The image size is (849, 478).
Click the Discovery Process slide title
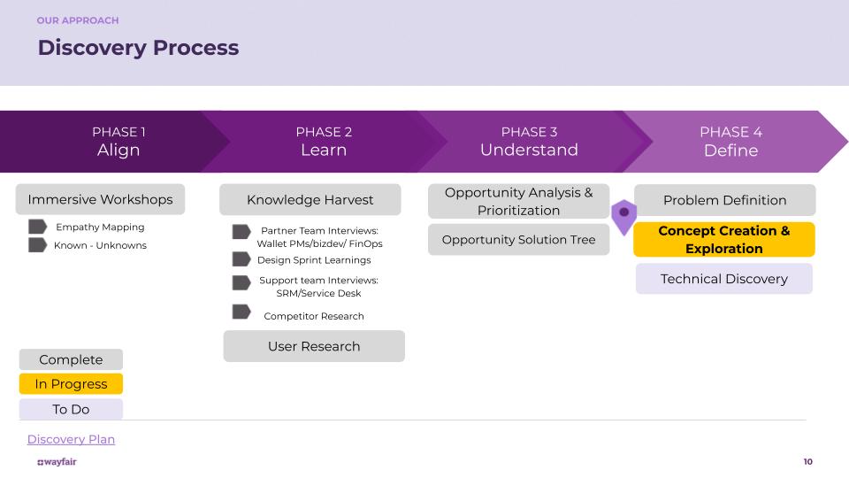pyautogui.click(x=138, y=48)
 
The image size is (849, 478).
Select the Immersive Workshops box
pyautogui.click(x=100, y=199)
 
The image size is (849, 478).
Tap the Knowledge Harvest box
pyautogui.click(x=310, y=199)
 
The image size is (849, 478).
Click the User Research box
pyautogui.click(x=314, y=346)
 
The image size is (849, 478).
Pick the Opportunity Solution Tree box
pyautogui.click(x=518, y=239)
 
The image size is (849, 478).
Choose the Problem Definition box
pyautogui.click(x=724, y=200)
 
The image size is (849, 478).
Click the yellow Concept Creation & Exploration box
pyautogui.click(x=723, y=240)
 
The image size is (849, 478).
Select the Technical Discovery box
pyautogui.click(x=723, y=279)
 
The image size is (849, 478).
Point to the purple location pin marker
pyautogui.click(x=624, y=214)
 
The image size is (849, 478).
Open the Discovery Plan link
pyautogui.click(x=71, y=439)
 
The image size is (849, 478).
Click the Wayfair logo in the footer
pyautogui.click(x=57, y=461)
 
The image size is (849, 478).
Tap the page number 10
pyautogui.click(x=807, y=461)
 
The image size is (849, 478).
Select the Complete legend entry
pyautogui.click(x=71, y=359)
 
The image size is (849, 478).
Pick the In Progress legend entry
pyautogui.click(x=71, y=384)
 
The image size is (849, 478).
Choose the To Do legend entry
pyautogui.click(x=71, y=409)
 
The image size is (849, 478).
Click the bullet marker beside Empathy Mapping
pyautogui.click(x=37, y=227)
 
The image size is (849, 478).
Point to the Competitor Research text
pyautogui.click(x=314, y=316)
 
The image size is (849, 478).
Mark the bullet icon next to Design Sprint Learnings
pyautogui.click(x=241, y=259)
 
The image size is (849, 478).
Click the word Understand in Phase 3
pyautogui.click(x=529, y=150)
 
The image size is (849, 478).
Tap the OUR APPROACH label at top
pyautogui.click(x=78, y=20)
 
